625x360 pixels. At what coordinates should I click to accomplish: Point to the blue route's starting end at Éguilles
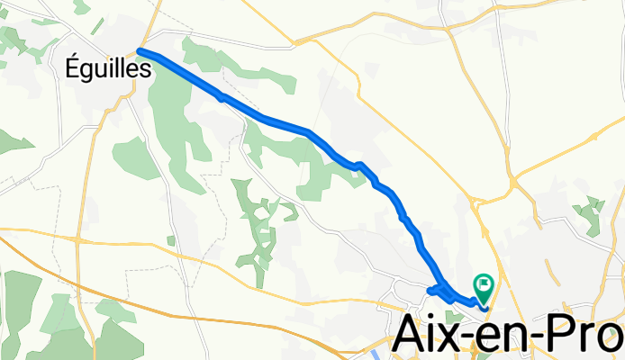click(140, 51)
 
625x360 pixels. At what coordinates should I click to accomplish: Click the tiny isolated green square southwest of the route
click(171, 240)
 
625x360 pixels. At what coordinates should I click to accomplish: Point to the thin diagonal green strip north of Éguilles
click(81, 7)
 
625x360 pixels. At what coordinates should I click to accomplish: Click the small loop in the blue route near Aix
click(438, 290)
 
